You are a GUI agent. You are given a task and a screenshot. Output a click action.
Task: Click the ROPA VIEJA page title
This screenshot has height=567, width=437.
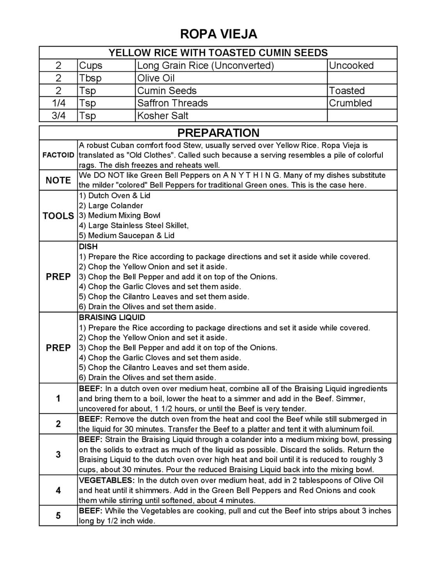point(218,34)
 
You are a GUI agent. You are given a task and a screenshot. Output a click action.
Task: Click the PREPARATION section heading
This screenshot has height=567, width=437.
point(218,133)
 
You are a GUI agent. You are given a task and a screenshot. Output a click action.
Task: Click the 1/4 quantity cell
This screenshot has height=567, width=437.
point(58,103)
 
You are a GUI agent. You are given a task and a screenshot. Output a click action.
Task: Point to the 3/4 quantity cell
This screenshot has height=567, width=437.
point(58,116)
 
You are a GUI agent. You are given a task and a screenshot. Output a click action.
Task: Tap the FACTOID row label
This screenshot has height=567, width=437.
point(58,155)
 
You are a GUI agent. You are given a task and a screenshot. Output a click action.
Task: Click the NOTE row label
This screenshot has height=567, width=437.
point(58,180)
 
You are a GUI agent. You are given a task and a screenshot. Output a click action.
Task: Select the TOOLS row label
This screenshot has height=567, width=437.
point(58,216)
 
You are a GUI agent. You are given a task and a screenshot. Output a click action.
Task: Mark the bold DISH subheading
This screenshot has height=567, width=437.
point(88,247)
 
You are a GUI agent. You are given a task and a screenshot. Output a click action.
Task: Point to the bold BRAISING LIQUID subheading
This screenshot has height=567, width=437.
point(112,317)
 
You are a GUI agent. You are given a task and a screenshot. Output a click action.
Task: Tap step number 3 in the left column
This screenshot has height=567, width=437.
point(58,454)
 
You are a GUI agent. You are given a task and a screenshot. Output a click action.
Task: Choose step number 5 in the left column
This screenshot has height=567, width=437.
point(58,515)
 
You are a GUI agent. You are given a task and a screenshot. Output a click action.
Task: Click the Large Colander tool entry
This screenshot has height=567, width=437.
point(111,206)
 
